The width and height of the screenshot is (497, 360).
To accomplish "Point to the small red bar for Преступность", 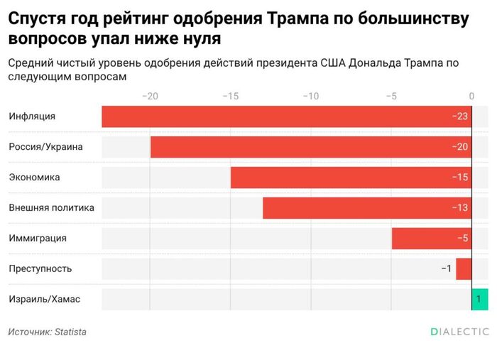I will click(464, 269).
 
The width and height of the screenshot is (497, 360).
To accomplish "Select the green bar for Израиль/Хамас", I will click(480, 299).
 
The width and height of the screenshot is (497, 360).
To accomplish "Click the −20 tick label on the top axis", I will click(150, 95).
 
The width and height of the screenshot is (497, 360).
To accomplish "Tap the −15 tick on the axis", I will click(230, 95).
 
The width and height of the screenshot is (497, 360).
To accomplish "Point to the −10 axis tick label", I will click(310, 95).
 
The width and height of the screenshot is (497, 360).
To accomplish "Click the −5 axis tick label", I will click(390, 95).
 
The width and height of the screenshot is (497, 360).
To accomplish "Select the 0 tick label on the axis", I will click(472, 95).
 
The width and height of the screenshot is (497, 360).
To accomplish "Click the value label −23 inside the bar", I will click(460, 116).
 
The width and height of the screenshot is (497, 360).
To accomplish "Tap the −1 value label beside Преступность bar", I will click(446, 269).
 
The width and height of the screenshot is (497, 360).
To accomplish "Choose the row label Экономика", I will click(34, 178).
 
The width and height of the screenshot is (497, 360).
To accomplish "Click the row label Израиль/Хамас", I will click(44, 299).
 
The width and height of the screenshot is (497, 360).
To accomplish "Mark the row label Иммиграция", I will click(38, 239).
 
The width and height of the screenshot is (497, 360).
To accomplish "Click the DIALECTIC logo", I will click(459, 332).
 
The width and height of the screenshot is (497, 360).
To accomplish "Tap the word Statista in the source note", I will click(70, 332).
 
